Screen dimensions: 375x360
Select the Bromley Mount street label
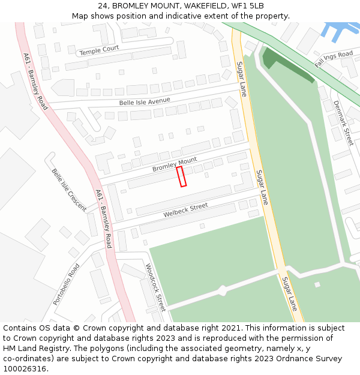click(x=174, y=164)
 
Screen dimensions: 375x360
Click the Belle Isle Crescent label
click(x=68, y=189)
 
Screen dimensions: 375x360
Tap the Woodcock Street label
click(x=155, y=286)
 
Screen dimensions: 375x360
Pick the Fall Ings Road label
click(x=334, y=59)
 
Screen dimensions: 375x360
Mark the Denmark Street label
click(x=343, y=122)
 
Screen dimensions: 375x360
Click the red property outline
click(x=181, y=176)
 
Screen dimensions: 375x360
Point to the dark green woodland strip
click(x=287, y=65)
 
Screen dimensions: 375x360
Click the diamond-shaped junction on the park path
click(x=222, y=290)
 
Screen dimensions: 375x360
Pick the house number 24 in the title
click(x=101, y=5)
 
